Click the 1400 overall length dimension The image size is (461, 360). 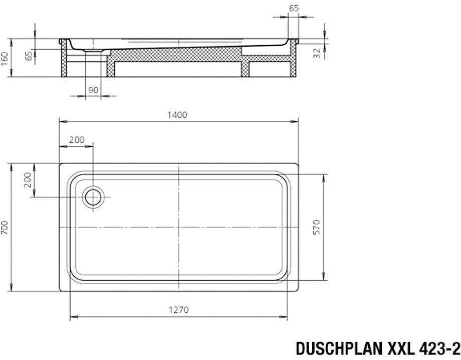click(x=177, y=115)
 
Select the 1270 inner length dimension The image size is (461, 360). click(x=179, y=310)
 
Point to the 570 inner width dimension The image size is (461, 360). click(x=316, y=227)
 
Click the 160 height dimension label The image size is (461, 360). click(x=4, y=59)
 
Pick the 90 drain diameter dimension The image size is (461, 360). click(x=93, y=90)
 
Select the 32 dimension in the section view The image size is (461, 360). click(x=317, y=53)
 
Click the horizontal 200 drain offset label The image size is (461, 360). click(x=77, y=140)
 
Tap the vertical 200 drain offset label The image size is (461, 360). click(x=27, y=181)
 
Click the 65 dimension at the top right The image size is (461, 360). click(x=294, y=8)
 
